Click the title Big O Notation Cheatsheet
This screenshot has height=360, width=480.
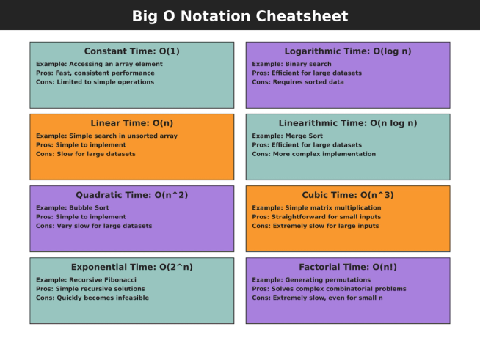(x=240, y=16)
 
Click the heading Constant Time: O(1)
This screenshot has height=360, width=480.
(x=131, y=51)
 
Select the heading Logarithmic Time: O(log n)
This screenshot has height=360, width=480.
(x=348, y=51)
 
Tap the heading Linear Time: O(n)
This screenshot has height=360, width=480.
(x=131, y=123)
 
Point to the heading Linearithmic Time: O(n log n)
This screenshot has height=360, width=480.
(x=348, y=123)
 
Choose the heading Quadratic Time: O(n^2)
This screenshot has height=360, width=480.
(x=131, y=195)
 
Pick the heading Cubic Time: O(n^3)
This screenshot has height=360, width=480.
(x=348, y=195)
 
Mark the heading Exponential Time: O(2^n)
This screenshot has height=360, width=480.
(x=131, y=267)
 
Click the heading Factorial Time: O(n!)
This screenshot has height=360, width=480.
(x=348, y=267)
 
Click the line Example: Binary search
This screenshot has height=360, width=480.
(x=287, y=65)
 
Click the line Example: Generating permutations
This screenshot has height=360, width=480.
(x=311, y=280)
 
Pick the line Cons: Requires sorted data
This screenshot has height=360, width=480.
(x=297, y=82)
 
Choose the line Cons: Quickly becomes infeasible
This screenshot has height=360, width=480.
(x=92, y=298)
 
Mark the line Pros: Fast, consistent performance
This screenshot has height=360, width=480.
(x=95, y=73)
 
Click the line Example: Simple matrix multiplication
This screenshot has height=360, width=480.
(x=316, y=208)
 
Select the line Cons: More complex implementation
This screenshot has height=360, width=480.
(x=313, y=154)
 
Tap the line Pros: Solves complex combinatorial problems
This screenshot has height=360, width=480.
(x=328, y=289)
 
